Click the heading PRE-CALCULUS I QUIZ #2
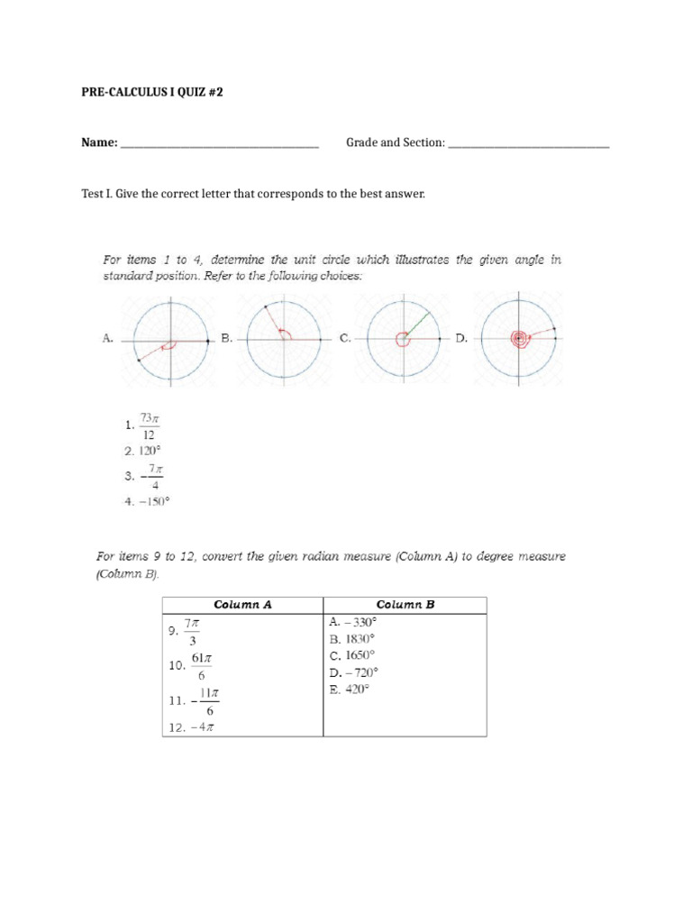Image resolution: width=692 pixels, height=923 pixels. (x=151, y=92)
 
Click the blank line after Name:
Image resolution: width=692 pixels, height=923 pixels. (x=219, y=143)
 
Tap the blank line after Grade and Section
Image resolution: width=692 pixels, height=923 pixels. (x=528, y=143)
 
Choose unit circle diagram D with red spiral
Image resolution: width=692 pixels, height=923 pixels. (x=519, y=338)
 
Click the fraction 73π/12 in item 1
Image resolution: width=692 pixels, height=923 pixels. (x=149, y=425)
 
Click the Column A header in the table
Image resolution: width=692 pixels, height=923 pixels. (x=241, y=605)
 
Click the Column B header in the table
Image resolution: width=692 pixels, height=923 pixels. (x=405, y=605)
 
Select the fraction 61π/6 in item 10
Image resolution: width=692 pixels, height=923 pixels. (x=201, y=665)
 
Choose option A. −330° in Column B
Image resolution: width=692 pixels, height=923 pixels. (x=353, y=621)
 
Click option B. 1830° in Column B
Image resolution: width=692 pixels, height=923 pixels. (x=352, y=638)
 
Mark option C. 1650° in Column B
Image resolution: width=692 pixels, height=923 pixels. (x=352, y=655)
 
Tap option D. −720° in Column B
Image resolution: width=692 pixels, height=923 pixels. (x=354, y=672)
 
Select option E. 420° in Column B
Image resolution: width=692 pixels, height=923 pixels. (x=350, y=690)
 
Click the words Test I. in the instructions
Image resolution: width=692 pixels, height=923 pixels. (x=96, y=194)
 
